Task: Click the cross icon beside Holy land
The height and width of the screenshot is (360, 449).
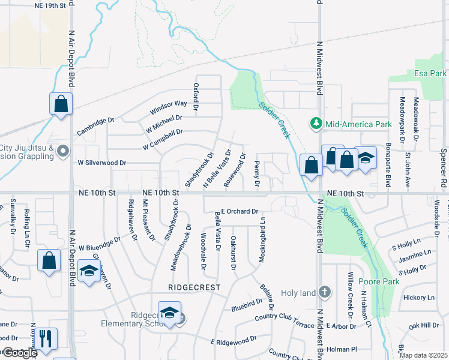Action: pyautogui.click(x=325, y=292)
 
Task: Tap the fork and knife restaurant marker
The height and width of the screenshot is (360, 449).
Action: pyautogui.click(x=46, y=339)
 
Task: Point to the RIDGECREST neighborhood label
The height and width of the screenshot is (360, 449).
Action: pyautogui.click(x=191, y=287)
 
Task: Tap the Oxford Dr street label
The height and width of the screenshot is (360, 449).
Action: pyautogui.click(x=196, y=93)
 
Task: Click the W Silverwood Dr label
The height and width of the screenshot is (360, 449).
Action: pyautogui.click(x=102, y=163)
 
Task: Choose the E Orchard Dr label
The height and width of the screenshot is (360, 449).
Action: pyautogui.click(x=239, y=211)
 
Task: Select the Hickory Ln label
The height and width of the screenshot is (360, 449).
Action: pyautogui.click(x=418, y=298)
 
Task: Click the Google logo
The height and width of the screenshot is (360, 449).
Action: pyautogui.click(x=19, y=353)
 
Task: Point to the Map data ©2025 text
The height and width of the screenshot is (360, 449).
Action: pyautogui.click(x=423, y=355)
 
